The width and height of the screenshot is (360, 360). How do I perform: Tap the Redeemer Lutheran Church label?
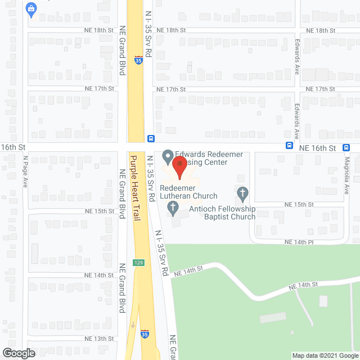coord(188,192)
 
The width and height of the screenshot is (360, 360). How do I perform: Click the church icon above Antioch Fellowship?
coord(242,194)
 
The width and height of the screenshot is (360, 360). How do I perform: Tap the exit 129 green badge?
coord(138,263)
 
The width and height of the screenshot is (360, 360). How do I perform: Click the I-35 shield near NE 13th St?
coord(145,334)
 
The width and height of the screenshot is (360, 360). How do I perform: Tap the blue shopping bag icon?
coord(30,9)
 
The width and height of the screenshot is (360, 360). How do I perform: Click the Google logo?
coord(18,353)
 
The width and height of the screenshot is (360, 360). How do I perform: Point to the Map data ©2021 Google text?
coord(325,355)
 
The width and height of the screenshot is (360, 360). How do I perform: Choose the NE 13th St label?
coord(99,339)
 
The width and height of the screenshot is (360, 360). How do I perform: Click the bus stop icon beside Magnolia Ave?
coord(346,147)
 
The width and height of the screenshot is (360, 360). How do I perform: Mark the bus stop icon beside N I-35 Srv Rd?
coord(151,139)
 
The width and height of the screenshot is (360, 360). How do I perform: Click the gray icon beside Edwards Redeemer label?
coord(167,155)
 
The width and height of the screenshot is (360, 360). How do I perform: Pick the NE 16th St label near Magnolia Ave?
coord(317,147)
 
